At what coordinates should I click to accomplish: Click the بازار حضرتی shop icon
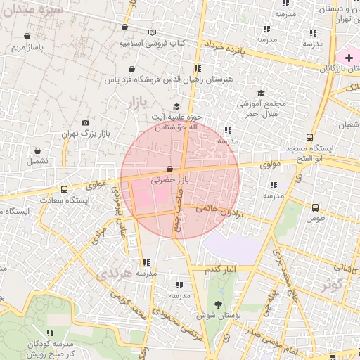pyautogui.click(x=172, y=169)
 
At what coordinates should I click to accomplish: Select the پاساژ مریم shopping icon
pyautogui.click(x=27, y=36)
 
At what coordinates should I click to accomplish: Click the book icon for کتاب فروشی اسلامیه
pyautogui.click(x=153, y=32)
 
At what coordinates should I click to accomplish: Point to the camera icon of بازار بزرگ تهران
pyautogui.click(x=86, y=122)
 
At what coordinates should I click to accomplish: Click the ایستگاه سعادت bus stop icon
pyautogui.click(x=65, y=189)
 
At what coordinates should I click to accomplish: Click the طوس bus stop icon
pyautogui.click(x=315, y=207)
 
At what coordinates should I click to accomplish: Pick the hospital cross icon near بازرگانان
pyautogui.click(x=349, y=56)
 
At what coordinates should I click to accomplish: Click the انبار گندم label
pyautogui.click(x=221, y=270)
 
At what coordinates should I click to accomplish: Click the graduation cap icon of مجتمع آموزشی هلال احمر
pyautogui.click(x=261, y=93)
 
